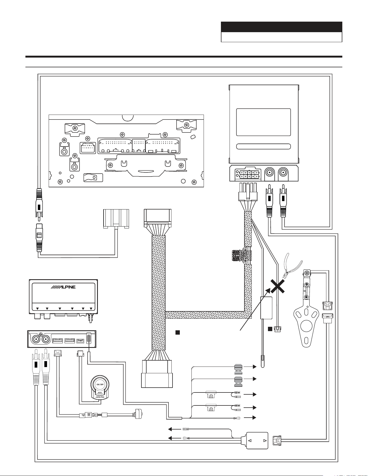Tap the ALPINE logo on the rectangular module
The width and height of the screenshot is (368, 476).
(x=64, y=287)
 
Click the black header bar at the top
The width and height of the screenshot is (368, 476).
(x=281, y=27)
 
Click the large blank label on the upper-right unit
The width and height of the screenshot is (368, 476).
(x=263, y=122)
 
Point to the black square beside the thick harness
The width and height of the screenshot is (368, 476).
(x=178, y=332)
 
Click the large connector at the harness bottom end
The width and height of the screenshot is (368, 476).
(x=157, y=374)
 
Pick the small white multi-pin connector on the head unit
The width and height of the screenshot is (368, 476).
(x=88, y=148)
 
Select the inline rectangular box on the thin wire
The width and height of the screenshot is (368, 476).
(x=266, y=308)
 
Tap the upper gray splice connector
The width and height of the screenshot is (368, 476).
(x=238, y=369)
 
